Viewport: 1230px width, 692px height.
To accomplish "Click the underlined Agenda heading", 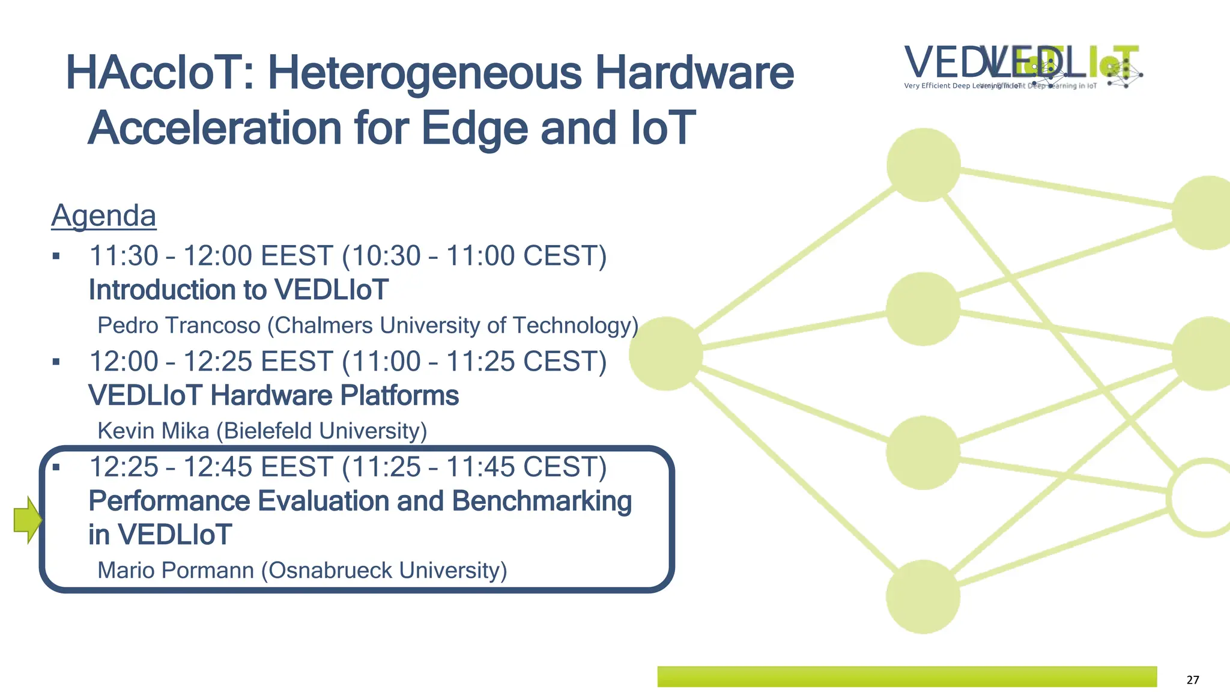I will (x=103, y=216).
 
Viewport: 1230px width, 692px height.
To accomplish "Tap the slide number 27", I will (x=1193, y=680).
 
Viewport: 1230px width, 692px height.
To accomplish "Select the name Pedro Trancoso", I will (x=179, y=326).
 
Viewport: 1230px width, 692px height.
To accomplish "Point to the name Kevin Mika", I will (x=153, y=431).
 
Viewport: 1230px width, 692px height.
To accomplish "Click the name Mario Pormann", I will (x=175, y=571).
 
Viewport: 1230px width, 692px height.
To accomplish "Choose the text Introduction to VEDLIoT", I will (x=238, y=290).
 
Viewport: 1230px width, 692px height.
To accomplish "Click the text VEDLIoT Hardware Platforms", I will (x=273, y=396).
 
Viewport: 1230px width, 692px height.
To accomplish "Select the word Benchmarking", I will (x=542, y=502).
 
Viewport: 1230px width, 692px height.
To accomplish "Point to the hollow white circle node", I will (x=1204, y=497).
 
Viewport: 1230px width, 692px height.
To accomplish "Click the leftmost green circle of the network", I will (x=665, y=354).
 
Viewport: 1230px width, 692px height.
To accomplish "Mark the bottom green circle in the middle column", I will (x=922, y=596).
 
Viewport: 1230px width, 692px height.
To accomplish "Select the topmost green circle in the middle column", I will (x=923, y=165).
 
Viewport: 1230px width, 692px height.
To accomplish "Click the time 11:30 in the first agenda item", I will (x=123, y=256).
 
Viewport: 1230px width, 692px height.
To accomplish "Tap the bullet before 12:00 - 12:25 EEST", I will (x=56, y=362).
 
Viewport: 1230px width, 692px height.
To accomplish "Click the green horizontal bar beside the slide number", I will (x=907, y=676).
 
